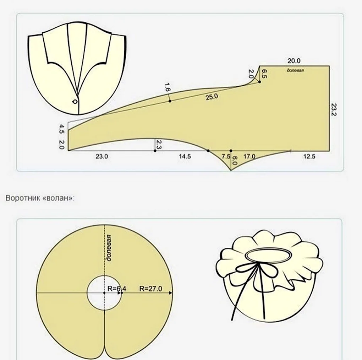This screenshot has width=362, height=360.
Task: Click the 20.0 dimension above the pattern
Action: (x=294, y=61)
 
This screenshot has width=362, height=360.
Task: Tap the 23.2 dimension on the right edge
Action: (x=334, y=109)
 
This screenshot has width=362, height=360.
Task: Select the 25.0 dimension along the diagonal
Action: (x=212, y=97)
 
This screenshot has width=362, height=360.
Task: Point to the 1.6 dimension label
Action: (x=168, y=87)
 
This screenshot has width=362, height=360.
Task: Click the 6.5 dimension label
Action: (x=264, y=74)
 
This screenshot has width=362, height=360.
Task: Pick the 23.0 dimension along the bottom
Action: (x=102, y=156)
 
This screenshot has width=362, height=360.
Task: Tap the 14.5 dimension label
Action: (x=185, y=156)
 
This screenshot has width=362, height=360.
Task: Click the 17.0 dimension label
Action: (x=249, y=156)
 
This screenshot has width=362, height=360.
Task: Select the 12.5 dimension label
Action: (x=309, y=156)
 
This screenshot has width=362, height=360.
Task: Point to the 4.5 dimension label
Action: (x=62, y=129)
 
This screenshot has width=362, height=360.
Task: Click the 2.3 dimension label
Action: (x=159, y=144)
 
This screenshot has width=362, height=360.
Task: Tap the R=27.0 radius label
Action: (x=150, y=289)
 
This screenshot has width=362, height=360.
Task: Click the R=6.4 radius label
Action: (x=117, y=289)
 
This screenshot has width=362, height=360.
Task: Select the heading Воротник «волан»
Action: (x=40, y=198)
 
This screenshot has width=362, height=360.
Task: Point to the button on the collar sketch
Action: (x=75, y=101)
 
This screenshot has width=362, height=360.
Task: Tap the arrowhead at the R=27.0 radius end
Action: (x=171, y=293)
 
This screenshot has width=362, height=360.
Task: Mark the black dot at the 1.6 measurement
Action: (x=170, y=101)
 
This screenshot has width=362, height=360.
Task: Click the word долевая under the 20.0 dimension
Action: (x=295, y=70)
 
